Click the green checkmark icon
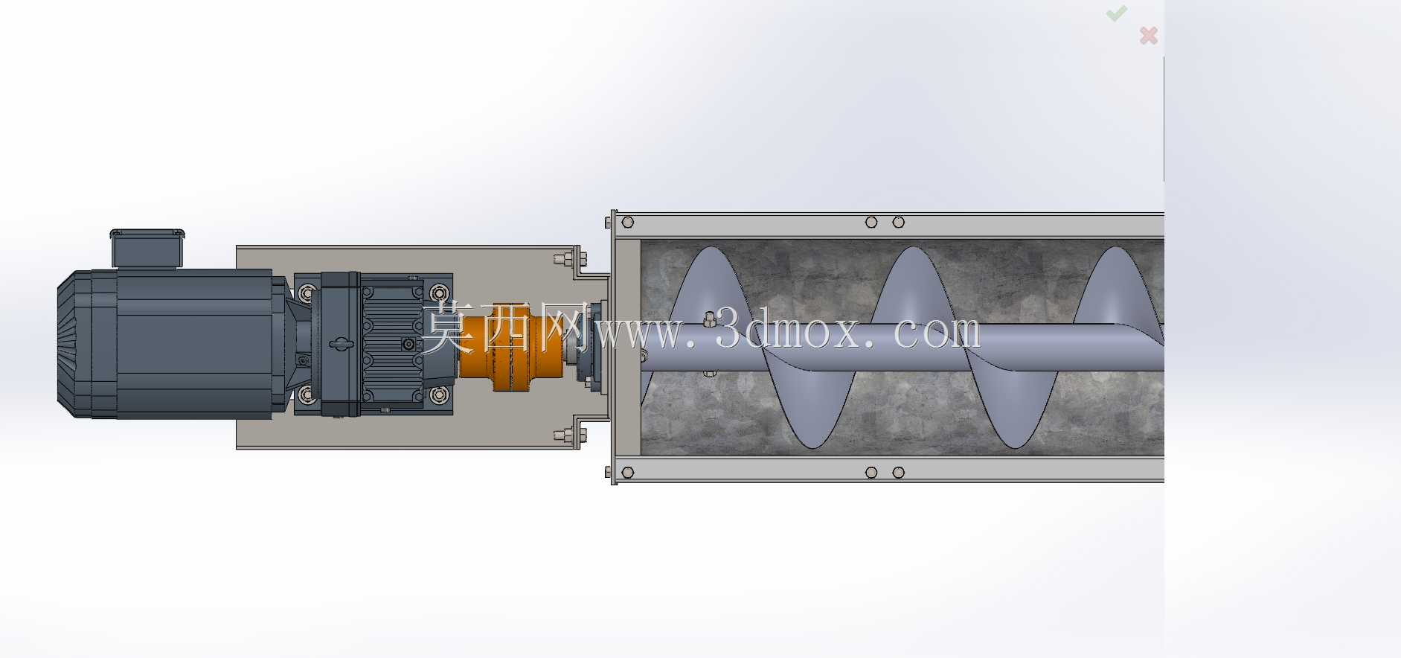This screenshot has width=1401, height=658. click(1116, 13)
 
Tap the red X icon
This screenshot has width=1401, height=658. click(1148, 35)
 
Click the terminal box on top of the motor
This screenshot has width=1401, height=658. click(147, 248)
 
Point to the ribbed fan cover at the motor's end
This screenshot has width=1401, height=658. click(74, 344)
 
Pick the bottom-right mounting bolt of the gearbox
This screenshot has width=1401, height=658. click(440, 395)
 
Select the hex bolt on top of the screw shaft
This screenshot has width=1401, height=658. click(709, 319)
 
